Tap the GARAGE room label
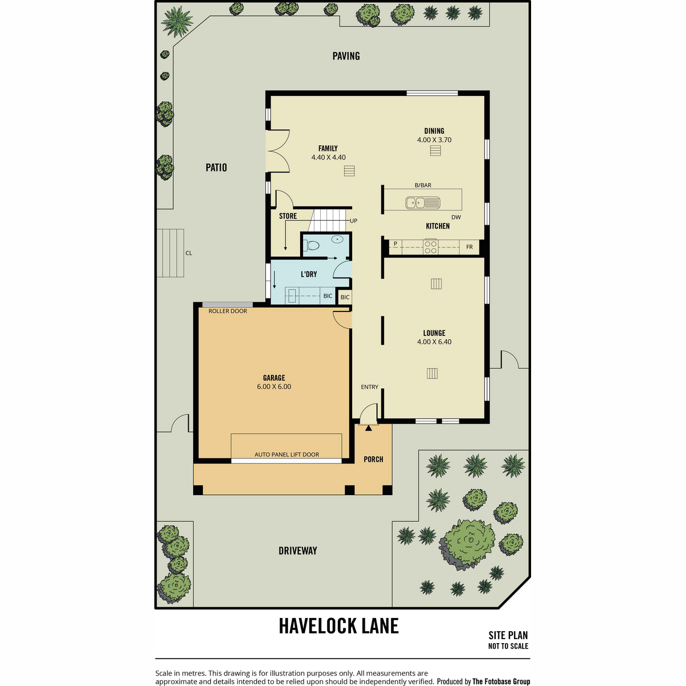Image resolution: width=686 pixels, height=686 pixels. tap(274, 378)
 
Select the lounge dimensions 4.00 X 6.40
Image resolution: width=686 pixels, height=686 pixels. tap(434, 342)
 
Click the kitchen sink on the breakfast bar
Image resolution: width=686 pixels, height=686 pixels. tap(422, 202)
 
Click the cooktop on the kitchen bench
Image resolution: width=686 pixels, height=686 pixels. tap(430, 247)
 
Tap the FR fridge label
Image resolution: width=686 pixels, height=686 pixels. tap(469, 247)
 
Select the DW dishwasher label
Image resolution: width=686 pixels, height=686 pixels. tap(456, 217)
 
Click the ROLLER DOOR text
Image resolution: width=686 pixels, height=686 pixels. tap(228, 311)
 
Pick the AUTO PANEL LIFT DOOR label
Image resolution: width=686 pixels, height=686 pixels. tap(286, 454)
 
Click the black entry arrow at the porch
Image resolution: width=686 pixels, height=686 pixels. tap(369, 428)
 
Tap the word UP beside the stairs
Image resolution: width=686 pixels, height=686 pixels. tap(353, 221)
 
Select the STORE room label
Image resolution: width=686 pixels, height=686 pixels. tap(288, 216)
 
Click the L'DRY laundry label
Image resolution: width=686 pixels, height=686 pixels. tap(309, 274)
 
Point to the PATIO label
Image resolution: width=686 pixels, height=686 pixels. tap(216, 167)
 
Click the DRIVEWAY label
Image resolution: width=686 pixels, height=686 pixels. tap(298, 551)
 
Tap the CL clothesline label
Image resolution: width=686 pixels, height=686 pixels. tap(189, 253)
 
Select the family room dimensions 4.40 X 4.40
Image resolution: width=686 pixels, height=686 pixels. tap(328, 157)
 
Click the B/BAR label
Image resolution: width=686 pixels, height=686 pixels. tap(423, 185)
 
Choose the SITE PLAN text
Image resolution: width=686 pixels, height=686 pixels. tap(508, 635)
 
